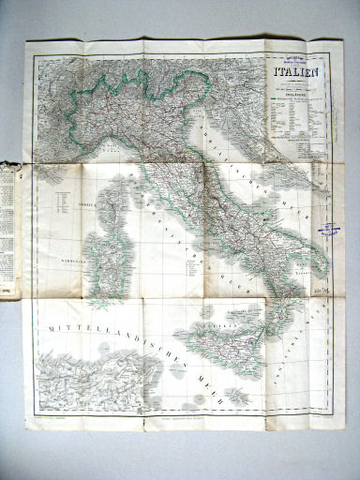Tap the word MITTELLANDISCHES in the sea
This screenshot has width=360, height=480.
(x=91, y=329)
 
